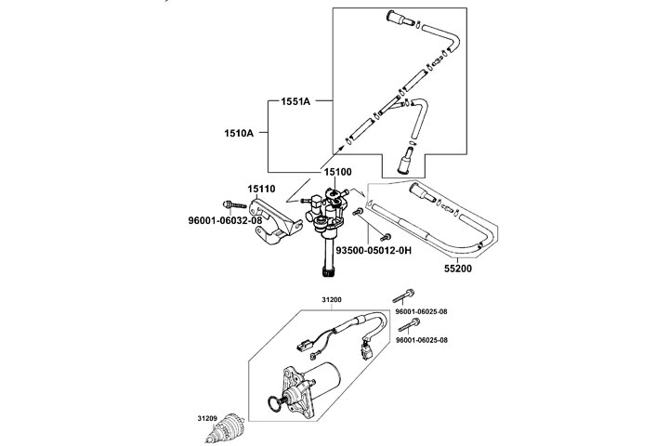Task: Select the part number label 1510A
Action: tap(238, 133)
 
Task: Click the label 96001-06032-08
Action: tap(226, 220)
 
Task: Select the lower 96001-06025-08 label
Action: tap(422, 341)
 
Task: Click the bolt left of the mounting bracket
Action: tap(230, 203)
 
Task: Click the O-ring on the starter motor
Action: tap(274, 405)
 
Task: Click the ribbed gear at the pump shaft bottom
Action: tap(326, 272)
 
